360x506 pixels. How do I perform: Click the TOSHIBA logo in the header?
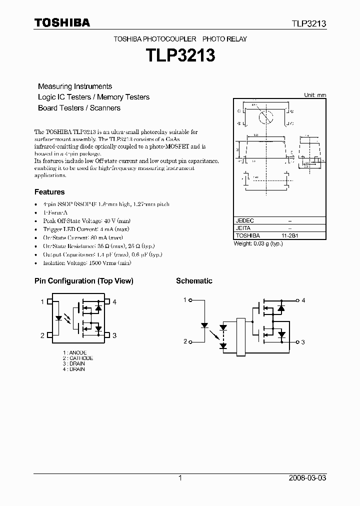pyautogui.click(x=62, y=22)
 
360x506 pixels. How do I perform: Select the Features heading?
pyautogui.click(x=49, y=192)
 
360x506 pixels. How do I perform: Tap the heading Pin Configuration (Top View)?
pyautogui.click(x=83, y=281)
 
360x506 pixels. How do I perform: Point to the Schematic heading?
pyautogui.click(x=194, y=281)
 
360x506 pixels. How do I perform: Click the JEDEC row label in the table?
pyautogui.click(x=245, y=220)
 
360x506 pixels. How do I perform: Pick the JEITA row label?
pyautogui.click(x=243, y=228)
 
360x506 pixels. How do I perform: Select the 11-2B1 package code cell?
pyautogui.click(x=290, y=235)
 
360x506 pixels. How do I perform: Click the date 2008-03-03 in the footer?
pyautogui.click(x=307, y=478)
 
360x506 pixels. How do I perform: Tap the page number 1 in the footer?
pyautogui.click(x=180, y=478)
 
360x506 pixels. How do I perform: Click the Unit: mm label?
pyautogui.click(x=315, y=95)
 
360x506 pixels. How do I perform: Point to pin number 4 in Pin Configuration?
pyautogui.click(x=114, y=302)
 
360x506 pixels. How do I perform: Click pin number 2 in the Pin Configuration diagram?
pyautogui.click(x=42, y=335)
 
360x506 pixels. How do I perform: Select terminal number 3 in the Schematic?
pyautogui.click(x=303, y=342)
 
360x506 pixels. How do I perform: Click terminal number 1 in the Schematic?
pyautogui.click(x=185, y=300)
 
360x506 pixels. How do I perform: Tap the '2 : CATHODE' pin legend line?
pyautogui.click(x=78, y=358)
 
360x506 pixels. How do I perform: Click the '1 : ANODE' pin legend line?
pyautogui.click(x=75, y=352)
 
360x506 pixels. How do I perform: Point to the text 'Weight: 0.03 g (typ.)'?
pyautogui.click(x=260, y=243)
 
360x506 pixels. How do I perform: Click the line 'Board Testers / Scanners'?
pyautogui.click(x=79, y=108)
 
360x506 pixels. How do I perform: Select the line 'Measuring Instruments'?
pyautogui.click(x=75, y=86)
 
